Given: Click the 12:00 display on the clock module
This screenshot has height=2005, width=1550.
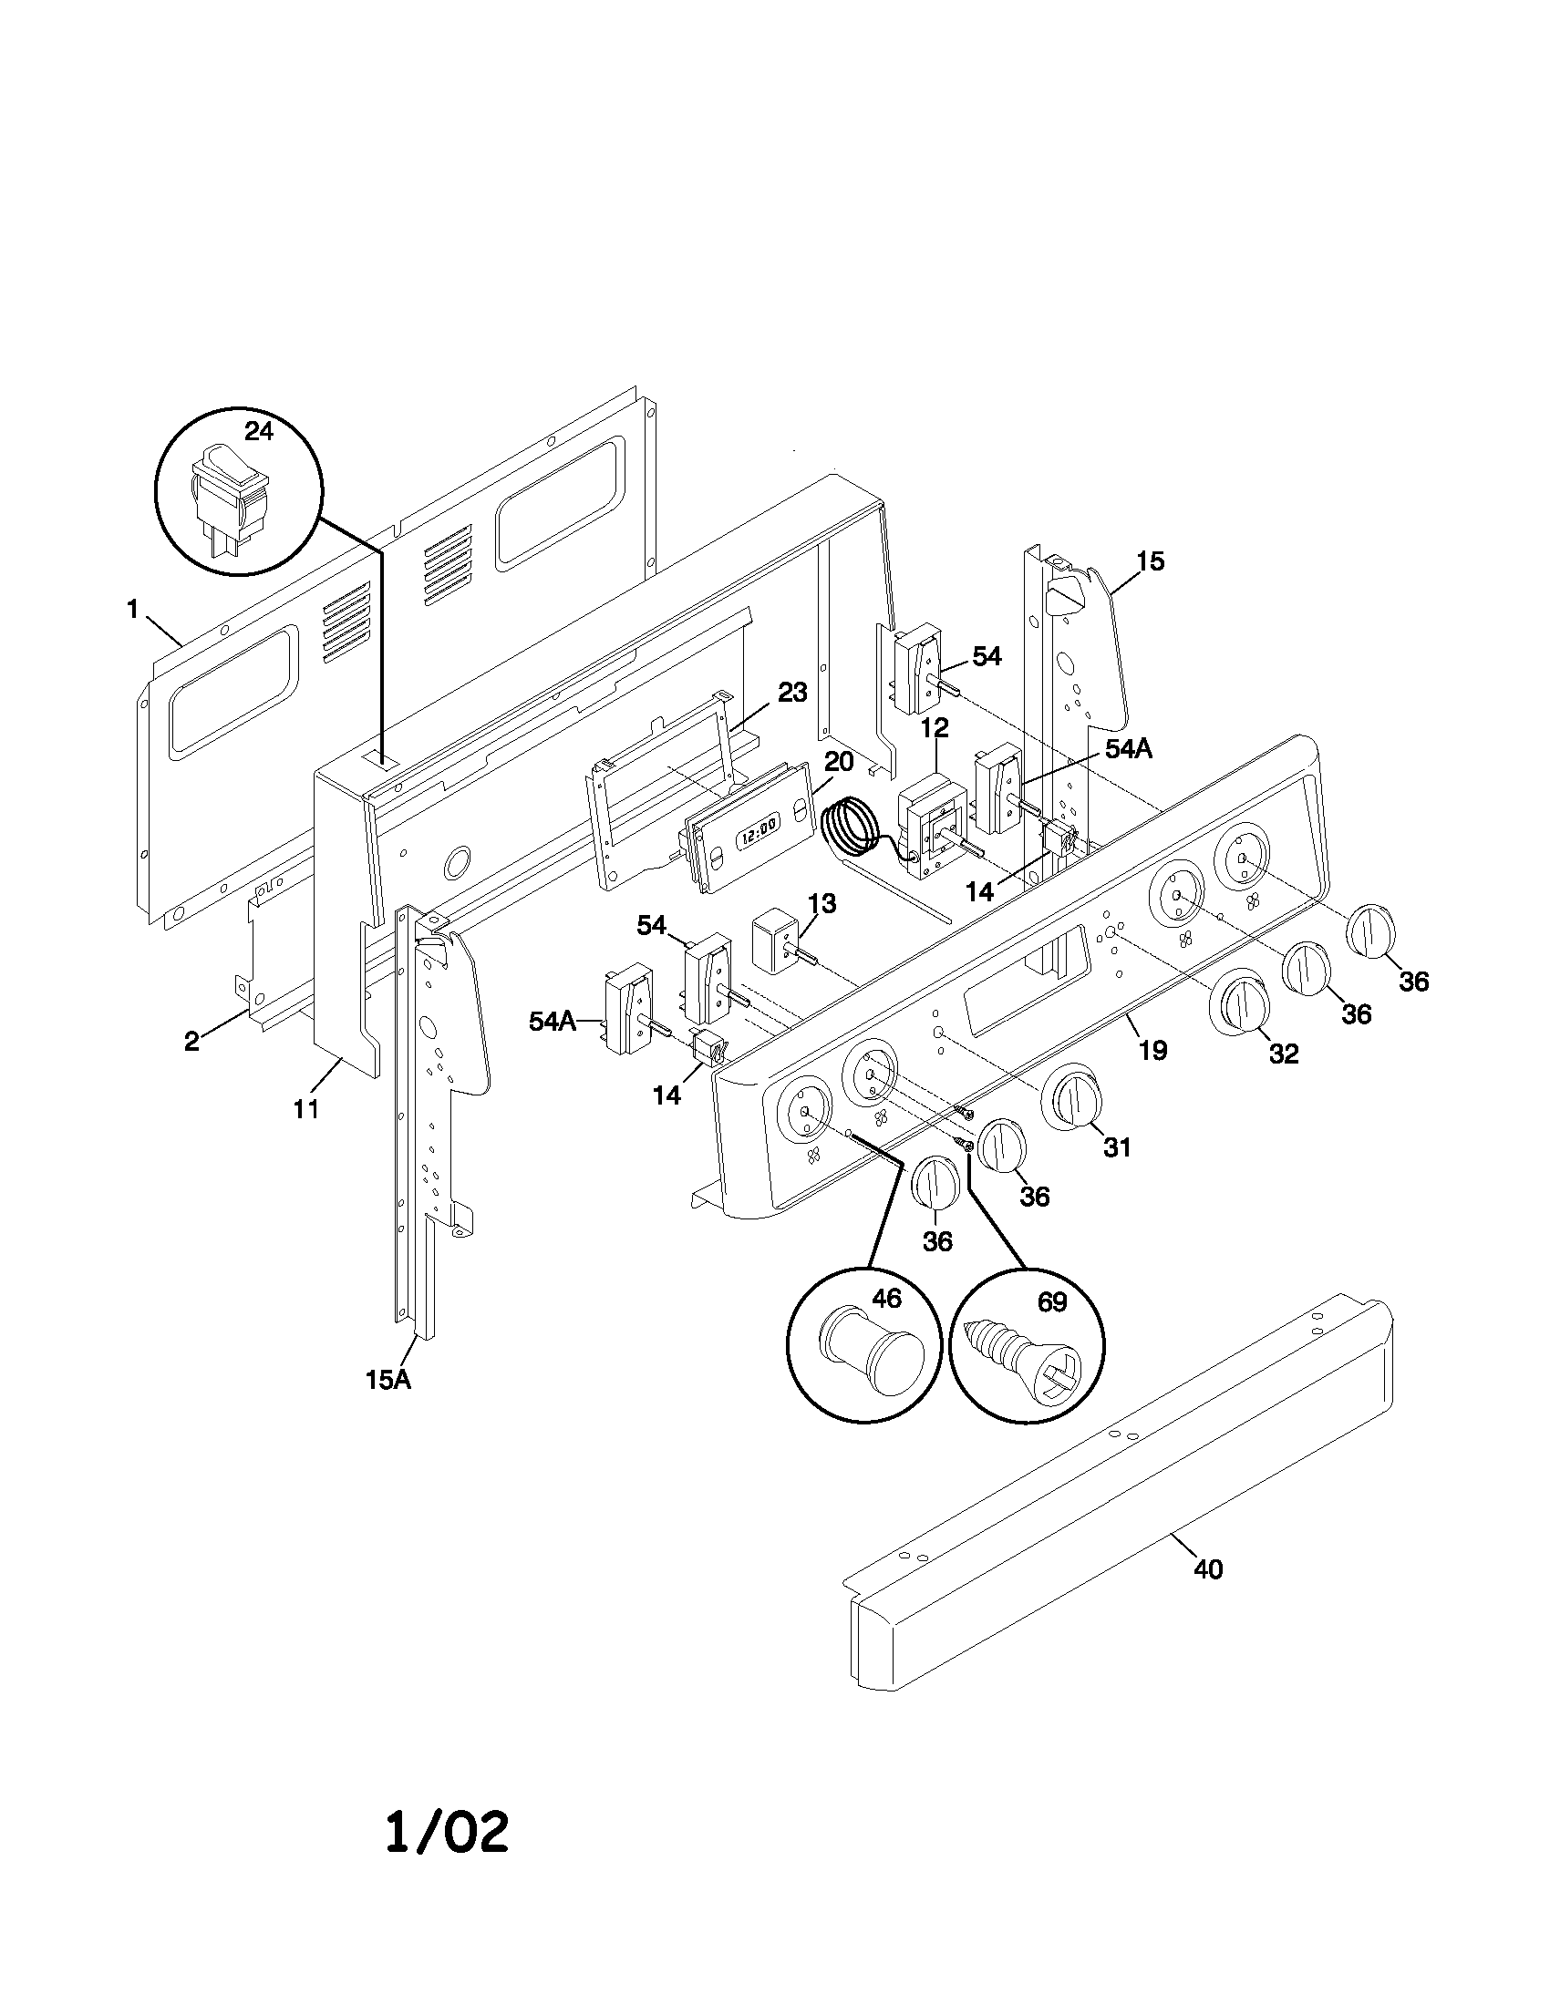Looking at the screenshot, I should pos(759,825).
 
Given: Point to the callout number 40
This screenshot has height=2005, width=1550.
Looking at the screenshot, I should pos(1208,1570).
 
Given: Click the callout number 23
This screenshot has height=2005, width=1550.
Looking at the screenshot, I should pos(791,693).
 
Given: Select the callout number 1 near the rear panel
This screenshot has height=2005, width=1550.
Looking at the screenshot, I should pos(132,609).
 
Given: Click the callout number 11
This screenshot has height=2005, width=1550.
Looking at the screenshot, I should pos(305,1109).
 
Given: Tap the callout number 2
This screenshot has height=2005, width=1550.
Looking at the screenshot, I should pos(191,1041).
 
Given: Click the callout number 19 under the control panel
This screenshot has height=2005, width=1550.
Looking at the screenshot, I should pos(1152,1050).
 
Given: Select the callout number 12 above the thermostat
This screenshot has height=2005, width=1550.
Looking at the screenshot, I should pos(935,727).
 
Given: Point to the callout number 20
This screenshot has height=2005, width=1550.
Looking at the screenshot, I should pos(838,762).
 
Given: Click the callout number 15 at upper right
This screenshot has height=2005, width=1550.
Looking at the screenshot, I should pos(1150,560).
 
